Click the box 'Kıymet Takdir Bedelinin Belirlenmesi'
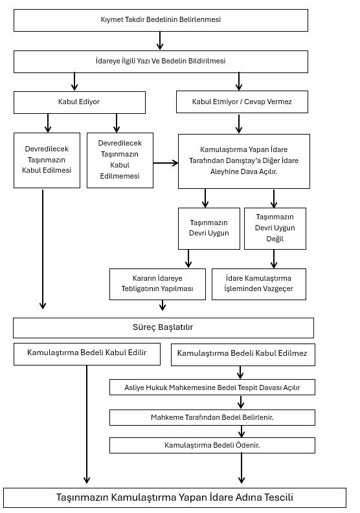(x=161, y=20)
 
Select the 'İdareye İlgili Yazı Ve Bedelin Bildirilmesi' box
(x=161, y=61)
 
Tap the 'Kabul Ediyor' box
(x=79, y=102)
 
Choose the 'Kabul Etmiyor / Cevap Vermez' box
(x=242, y=102)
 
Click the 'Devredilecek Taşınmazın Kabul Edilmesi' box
(x=47, y=160)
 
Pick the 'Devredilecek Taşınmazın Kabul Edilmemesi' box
(x=120, y=160)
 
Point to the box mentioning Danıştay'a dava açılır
(x=244, y=161)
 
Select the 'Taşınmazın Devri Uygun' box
(x=209, y=229)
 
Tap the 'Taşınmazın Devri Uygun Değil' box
(x=275, y=229)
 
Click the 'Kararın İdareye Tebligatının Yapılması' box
(x=157, y=284)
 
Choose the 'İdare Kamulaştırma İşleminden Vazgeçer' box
(x=259, y=284)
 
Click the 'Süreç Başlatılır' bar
(x=163, y=328)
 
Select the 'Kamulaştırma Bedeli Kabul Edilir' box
(x=87, y=354)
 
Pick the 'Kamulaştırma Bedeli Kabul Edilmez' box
(x=243, y=355)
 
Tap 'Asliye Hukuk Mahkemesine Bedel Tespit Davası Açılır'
(x=212, y=387)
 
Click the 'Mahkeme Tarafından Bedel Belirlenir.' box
(x=212, y=417)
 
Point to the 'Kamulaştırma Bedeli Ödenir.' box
(x=212, y=445)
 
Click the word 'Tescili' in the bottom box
(x=278, y=497)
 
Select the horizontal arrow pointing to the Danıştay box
(x=166, y=162)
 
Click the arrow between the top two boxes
(x=160, y=41)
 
